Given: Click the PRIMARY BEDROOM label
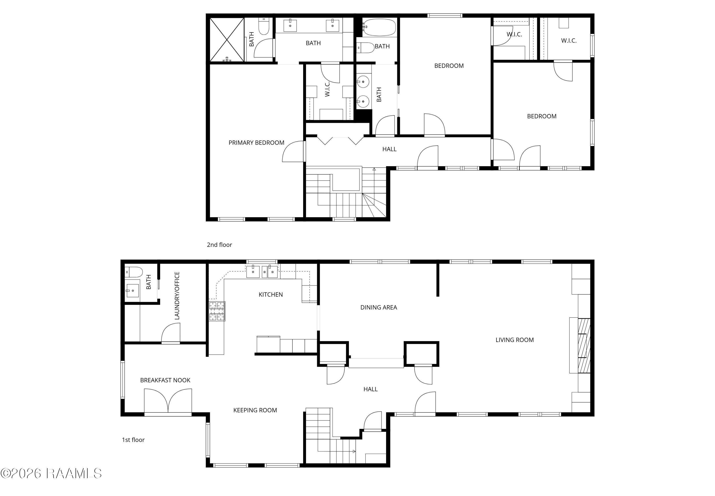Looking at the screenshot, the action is [256, 143].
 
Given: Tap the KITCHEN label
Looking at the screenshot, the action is [271, 295].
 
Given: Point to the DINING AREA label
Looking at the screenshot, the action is [379, 307].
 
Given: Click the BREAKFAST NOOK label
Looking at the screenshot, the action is [165, 380].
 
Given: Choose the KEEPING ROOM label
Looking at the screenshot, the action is [255, 410].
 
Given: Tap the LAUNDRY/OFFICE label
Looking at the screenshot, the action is [177, 296].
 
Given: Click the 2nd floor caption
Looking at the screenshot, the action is [219, 245].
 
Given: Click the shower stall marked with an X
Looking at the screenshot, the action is [227, 40].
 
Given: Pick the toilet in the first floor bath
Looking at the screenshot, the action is [133, 272].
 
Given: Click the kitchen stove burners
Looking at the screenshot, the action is [217, 311].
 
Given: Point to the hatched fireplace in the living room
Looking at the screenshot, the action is [584, 346].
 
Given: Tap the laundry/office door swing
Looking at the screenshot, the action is [170, 333].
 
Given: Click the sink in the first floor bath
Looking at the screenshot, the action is [133, 291].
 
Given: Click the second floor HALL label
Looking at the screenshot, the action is [389, 149].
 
